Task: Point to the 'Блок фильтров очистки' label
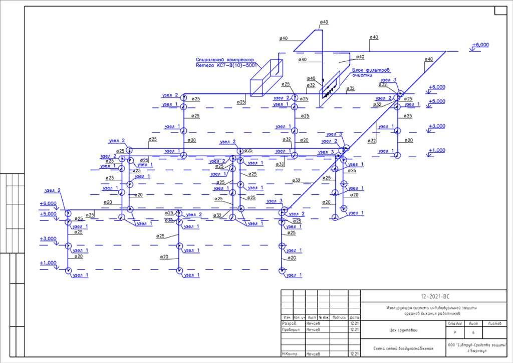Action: point(370,73)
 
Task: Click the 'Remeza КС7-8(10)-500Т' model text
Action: point(226,65)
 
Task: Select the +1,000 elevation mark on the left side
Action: point(48,263)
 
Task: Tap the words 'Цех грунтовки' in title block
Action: point(403,330)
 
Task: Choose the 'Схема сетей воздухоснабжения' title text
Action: point(403,348)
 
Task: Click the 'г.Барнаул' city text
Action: point(476,350)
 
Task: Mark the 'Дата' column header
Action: point(355,318)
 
